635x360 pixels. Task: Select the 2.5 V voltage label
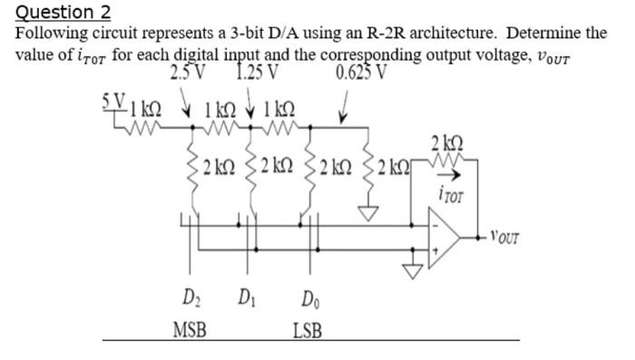[189, 73]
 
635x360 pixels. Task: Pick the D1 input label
[245, 298]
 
